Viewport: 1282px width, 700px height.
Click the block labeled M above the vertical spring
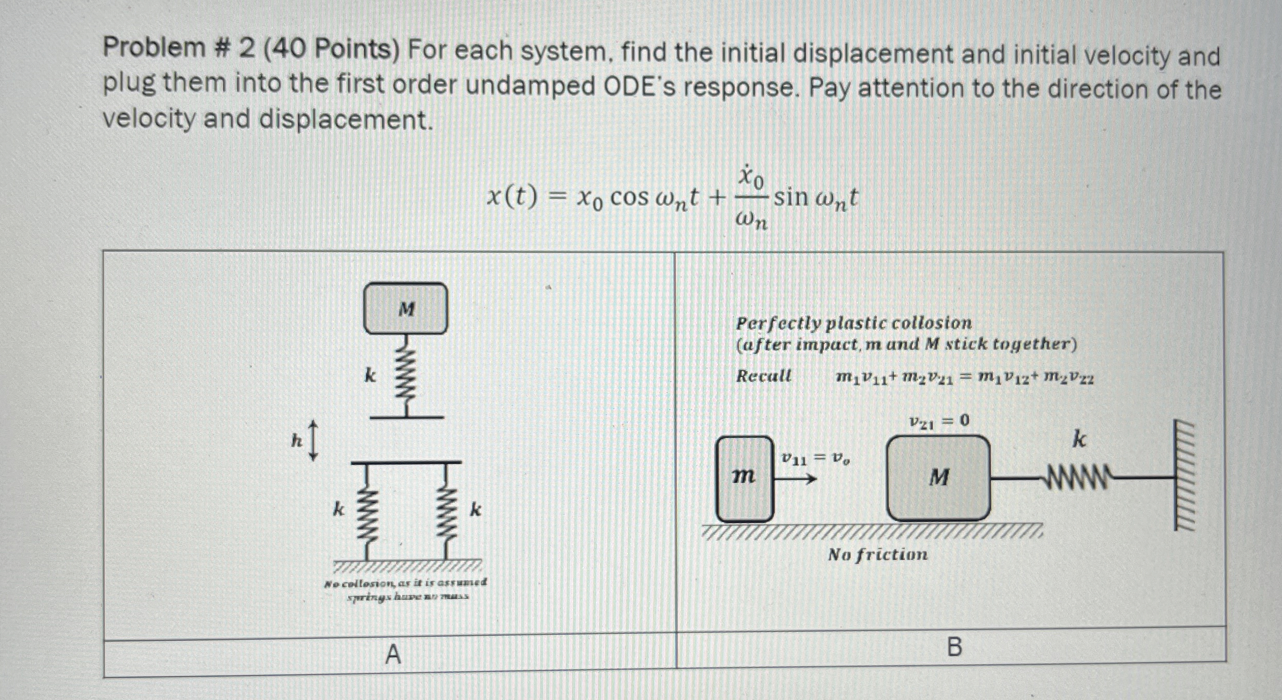click(x=406, y=308)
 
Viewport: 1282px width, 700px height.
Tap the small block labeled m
click(x=745, y=478)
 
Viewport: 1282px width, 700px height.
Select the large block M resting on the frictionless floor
click(x=938, y=478)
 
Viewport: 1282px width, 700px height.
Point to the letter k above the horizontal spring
click(x=1079, y=440)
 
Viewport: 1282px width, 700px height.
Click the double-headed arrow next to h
click(x=312, y=440)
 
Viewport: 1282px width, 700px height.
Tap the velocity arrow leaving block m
click(x=795, y=479)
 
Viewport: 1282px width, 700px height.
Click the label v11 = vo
click(x=815, y=459)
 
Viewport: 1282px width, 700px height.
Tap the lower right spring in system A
click(x=447, y=510)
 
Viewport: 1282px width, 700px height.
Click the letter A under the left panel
click(x=393, y=655)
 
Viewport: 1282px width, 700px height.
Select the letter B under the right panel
click(x=954, y=647)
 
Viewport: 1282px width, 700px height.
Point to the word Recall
click(x=764, y=376)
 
